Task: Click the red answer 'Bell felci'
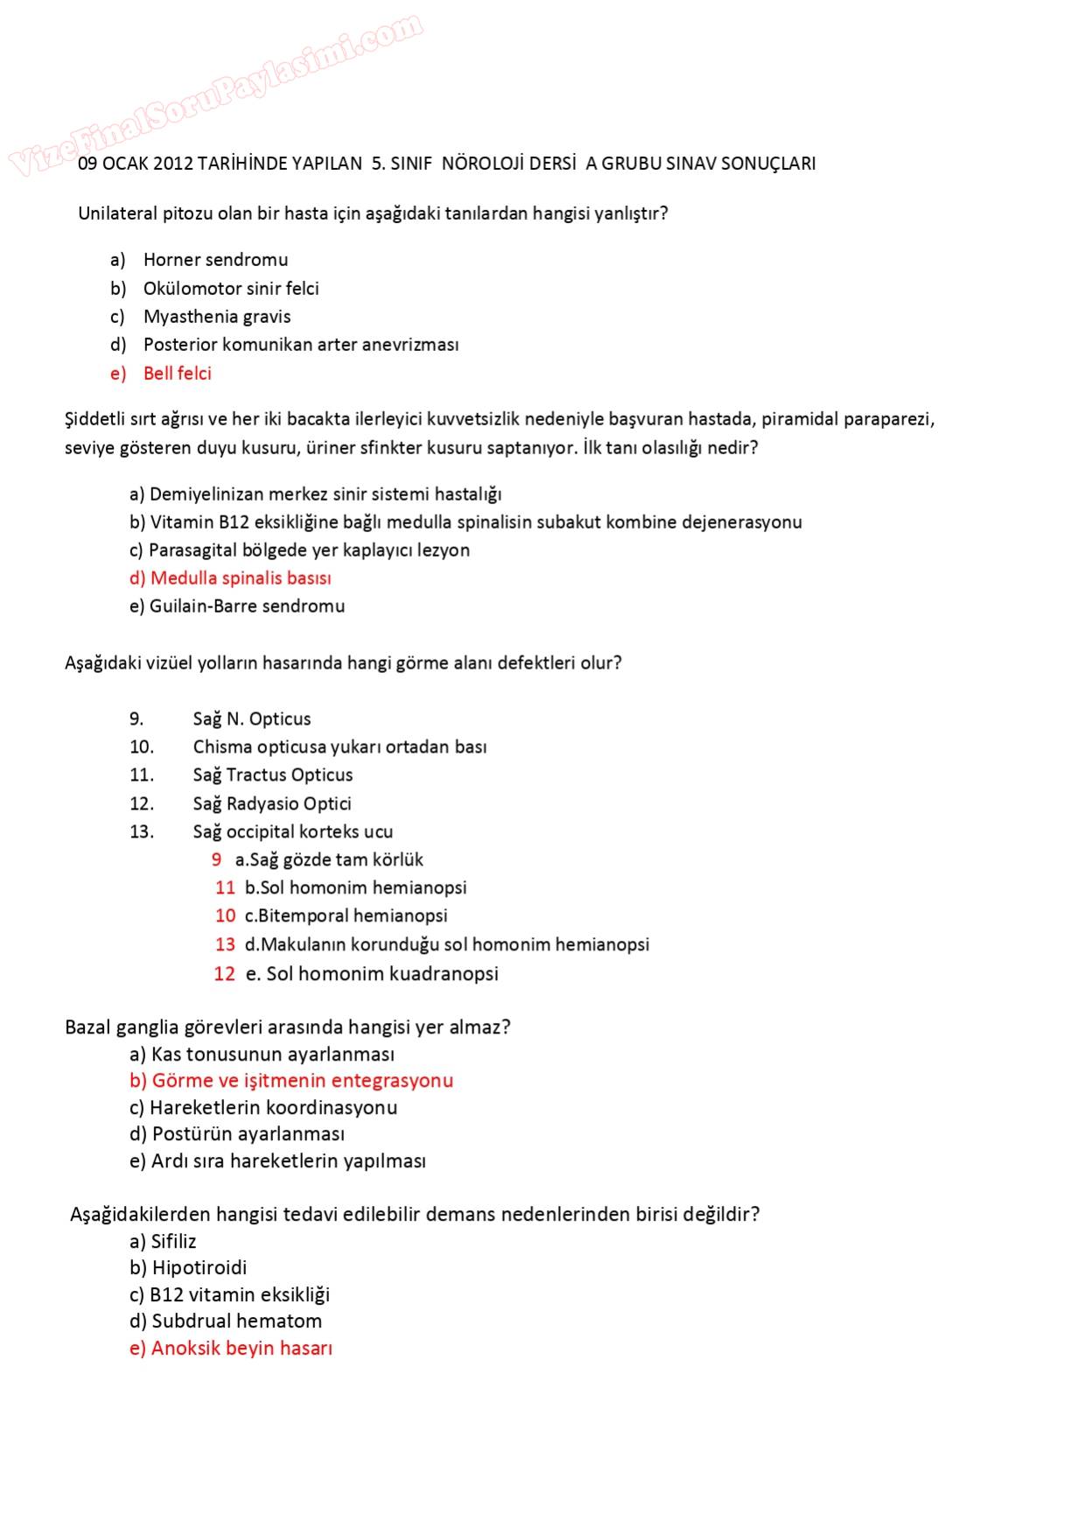click(177, 374)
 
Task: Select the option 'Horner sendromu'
click(215, 260)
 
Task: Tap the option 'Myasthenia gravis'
click(217, 317)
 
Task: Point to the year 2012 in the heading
click(172, 164)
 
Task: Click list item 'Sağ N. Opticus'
click(252, 719)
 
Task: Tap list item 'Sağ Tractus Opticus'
click(273, 775)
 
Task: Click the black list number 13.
click(141, 832)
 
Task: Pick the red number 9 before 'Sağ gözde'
click(216, 860)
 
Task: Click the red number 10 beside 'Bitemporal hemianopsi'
click(225, 916)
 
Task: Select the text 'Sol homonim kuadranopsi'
click(381, 974)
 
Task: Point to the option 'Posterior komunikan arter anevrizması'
click(301, 345)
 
